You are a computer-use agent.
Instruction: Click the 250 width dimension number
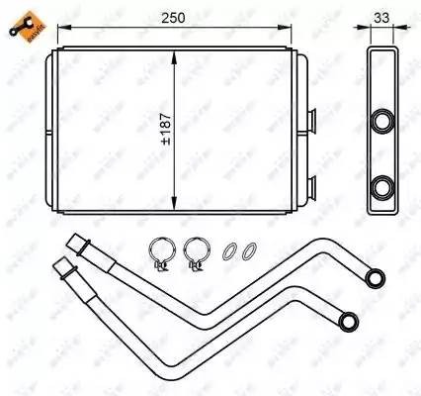[177, 17]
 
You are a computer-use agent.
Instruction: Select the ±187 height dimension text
[166, 128]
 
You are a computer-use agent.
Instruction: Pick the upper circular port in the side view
[383, 122]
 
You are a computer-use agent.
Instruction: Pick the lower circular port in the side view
[383, 185]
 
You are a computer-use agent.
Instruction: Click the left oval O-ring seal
[230, 253]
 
